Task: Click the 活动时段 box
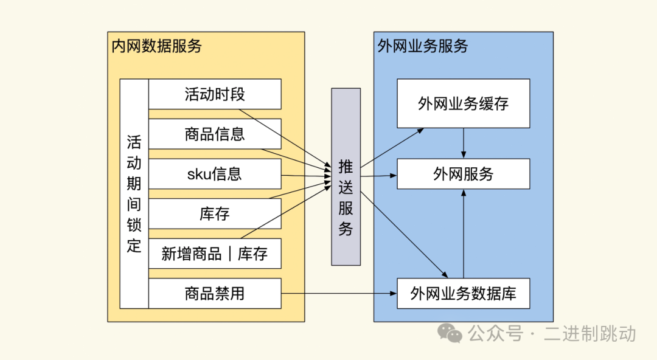[215, 94]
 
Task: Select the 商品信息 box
[215, 134]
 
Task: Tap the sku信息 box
[215, 174]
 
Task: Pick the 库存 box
[215, 213]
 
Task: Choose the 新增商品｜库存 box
[215, 254]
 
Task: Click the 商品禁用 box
[215, 293]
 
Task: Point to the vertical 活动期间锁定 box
[134, 193]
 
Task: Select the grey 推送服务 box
[346, 176]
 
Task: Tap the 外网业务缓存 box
[463, 103]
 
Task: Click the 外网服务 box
[463, 174]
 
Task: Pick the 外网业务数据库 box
[463, 294]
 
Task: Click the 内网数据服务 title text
[156, 46]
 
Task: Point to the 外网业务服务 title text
[423, 46]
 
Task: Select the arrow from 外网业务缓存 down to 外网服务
[464, 143]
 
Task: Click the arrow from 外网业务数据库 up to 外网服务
[464, 234]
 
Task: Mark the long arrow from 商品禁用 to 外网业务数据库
[338, 294]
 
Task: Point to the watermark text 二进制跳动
[590, 333]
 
